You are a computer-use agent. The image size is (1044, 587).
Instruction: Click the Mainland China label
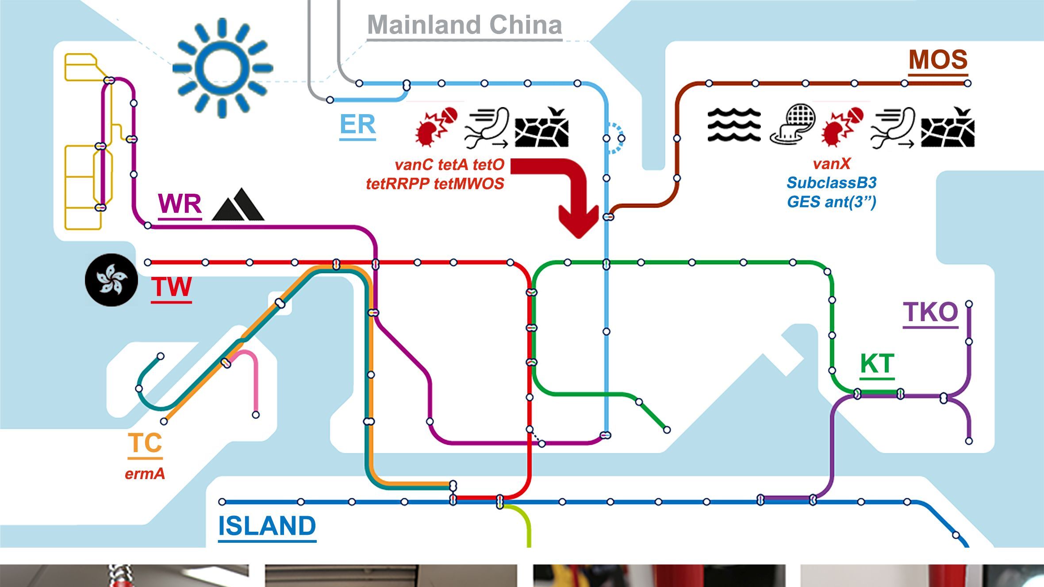point(464,25)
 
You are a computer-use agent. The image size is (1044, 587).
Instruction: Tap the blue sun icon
point(223,68)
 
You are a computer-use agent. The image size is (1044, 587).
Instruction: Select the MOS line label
point(938,60)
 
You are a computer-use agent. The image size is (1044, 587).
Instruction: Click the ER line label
point(357,125)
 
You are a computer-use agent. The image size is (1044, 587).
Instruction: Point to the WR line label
point(180,204)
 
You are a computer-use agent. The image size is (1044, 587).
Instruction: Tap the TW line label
point(171,287)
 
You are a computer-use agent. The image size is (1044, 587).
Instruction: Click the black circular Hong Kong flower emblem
point(111,280)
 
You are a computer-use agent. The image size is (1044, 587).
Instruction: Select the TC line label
point(145,443)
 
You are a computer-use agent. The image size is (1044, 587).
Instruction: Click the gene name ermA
point(145,474)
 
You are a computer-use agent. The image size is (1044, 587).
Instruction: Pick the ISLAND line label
point(267,526)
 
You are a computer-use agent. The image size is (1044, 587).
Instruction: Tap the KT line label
point(877,364)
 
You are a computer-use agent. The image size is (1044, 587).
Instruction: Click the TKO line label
point(930,313)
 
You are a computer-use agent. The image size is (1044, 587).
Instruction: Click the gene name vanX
point(832,164)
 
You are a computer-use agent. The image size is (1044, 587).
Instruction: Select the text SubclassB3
point(832,183)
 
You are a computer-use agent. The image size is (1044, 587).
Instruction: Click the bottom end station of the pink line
point(256,415)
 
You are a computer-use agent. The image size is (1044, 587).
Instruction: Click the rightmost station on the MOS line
point(967,83)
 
